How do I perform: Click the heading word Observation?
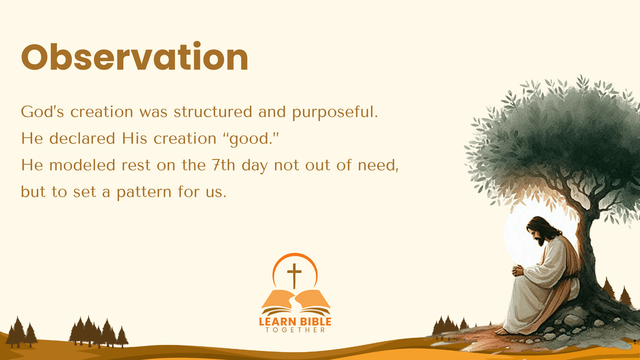click(x=134, y=57)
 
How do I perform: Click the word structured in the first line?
click(x=213, y=111)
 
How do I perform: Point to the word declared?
click(x=82, y=138)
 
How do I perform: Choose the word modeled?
click(x=82, y=165)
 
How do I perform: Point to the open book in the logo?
click(x=295, y=302)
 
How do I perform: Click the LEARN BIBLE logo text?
click(x=295, y=322)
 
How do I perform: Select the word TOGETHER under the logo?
click(x=295, y=330)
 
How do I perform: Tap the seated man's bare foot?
click(x=502, y=331)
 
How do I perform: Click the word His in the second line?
click(x=134, y=138)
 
